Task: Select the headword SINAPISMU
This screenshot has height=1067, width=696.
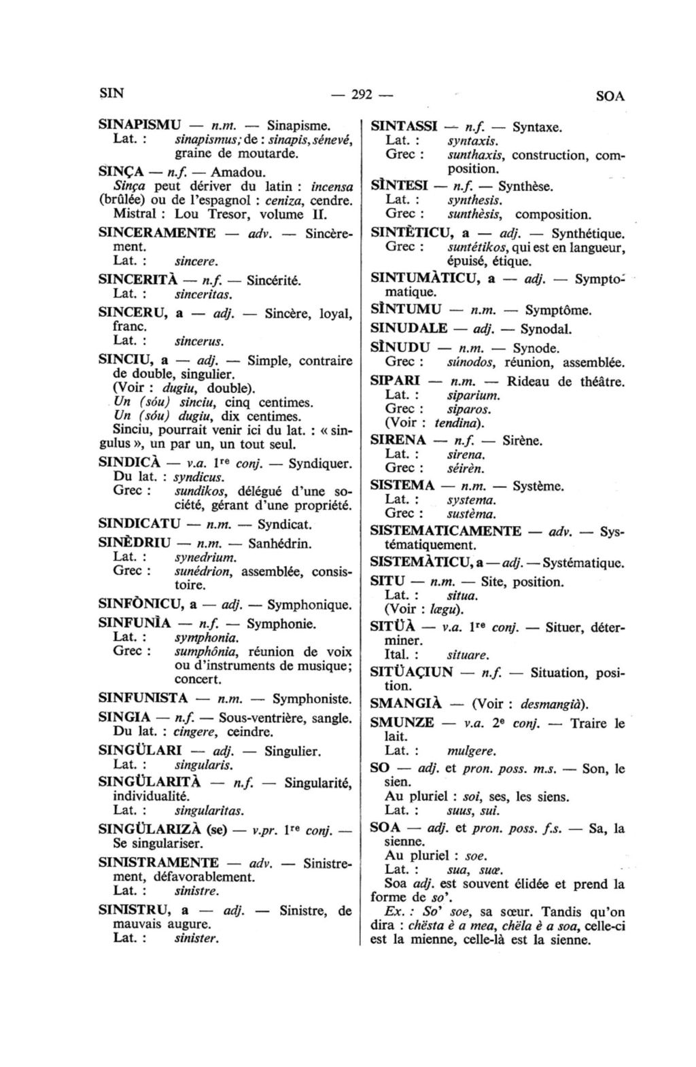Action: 140,126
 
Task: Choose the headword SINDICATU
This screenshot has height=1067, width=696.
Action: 139,524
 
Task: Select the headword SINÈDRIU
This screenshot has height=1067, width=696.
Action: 134,543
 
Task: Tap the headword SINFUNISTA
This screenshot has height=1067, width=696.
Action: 143,698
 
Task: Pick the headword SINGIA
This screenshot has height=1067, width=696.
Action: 124,718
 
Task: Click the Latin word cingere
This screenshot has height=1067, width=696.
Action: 195,732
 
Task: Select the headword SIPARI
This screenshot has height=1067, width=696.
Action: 395,381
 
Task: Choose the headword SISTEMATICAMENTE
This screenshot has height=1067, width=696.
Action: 445,531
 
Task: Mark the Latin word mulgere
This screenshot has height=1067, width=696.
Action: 472,751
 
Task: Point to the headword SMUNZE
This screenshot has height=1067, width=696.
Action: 402,723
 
